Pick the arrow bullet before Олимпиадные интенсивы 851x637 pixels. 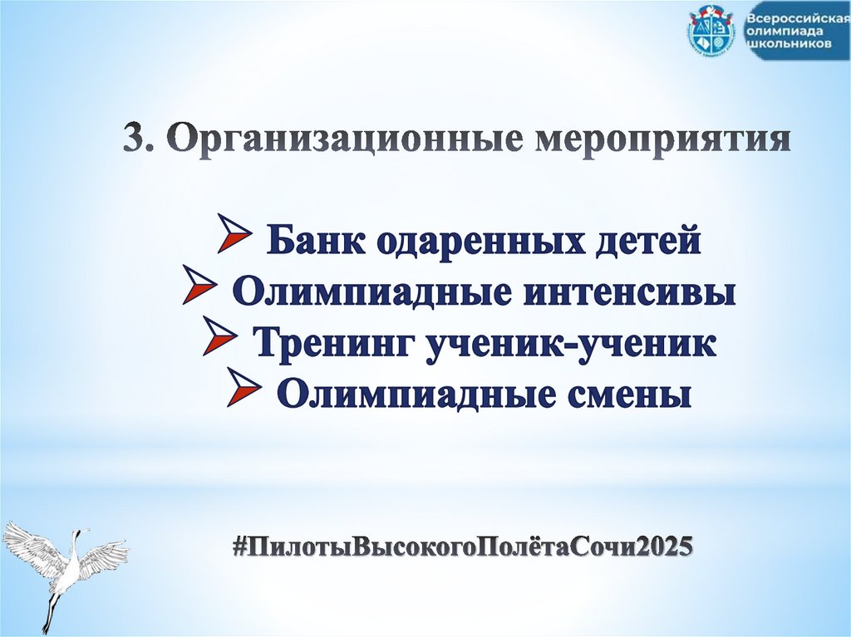pos(199,291)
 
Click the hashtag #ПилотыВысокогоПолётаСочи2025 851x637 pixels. pos(461,547)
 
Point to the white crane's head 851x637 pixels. pos(82,532)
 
